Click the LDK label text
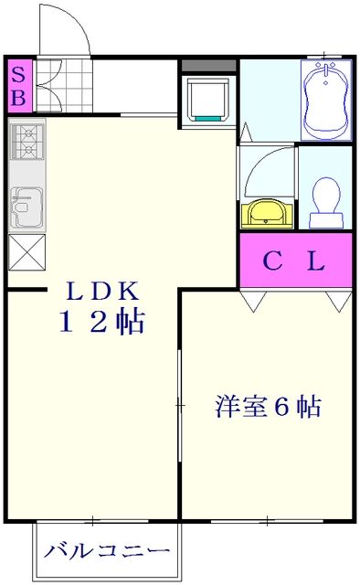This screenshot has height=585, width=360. pyautogui.click(x=102, y=292)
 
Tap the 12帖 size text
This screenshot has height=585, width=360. pyautogui.click(x=102, y=322)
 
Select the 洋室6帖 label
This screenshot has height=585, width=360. pyautogui.click(x=268, y=406)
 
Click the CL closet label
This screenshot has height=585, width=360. pyautogui.click(x=294, y=262)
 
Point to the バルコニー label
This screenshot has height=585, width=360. pyautogui.click(x=108, y=552)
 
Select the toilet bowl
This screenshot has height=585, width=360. pyautogui.click(x=325, y=199)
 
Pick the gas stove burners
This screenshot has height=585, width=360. pyautogui.click(x=26, y=141)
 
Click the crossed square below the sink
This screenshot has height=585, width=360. pyautogui.click(x=26, y=250)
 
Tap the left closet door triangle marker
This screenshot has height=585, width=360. pyautogui.click(x=253, y=301)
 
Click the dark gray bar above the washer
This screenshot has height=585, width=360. pyautogui.click(x=208, y=66)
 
